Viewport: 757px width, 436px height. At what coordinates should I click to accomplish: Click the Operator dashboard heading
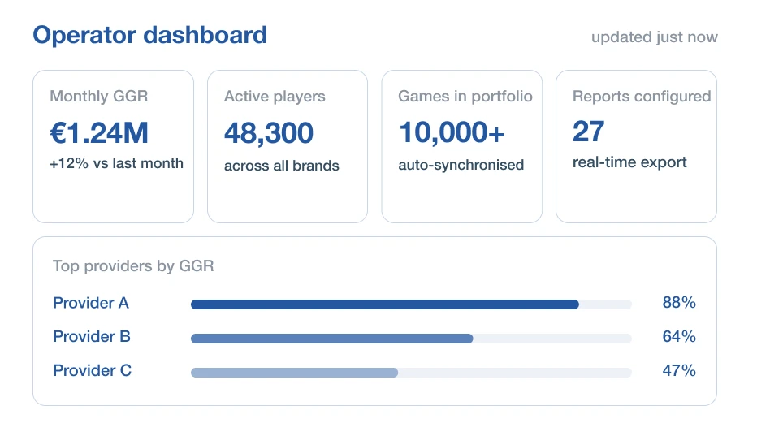point(149,35)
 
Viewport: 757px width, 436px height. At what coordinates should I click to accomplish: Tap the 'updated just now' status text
point(654,37)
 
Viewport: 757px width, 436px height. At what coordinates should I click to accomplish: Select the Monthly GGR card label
point(99,96)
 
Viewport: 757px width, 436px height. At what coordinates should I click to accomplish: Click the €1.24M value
point(99,133)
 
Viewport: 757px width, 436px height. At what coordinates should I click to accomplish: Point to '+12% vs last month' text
point(116,163)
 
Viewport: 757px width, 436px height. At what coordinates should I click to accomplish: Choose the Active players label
point(275,97)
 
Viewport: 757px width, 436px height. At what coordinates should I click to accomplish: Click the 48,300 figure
point(269,133)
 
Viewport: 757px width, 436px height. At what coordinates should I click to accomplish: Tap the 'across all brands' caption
point(282,166)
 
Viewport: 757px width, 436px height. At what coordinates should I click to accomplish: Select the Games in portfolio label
point(465,97)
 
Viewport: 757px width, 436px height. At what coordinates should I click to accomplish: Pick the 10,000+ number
point(452,132)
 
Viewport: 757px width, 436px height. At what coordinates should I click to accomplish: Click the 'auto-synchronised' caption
point(461,165)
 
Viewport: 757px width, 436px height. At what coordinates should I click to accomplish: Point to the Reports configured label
point(642,97)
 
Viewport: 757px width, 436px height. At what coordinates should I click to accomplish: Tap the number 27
point(589,132)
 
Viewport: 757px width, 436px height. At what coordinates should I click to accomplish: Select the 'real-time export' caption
point(629,162)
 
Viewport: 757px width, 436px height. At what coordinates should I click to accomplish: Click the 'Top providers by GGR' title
point(133,266)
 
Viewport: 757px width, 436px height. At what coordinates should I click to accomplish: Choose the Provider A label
point(91,303)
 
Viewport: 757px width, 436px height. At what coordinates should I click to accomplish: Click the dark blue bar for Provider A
point(385,304)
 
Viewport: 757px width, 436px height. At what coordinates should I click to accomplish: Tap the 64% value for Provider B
point(679,336)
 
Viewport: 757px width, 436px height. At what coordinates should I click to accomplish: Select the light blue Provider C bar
point(295,373)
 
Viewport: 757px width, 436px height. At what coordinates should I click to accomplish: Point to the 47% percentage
point(679,370)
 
